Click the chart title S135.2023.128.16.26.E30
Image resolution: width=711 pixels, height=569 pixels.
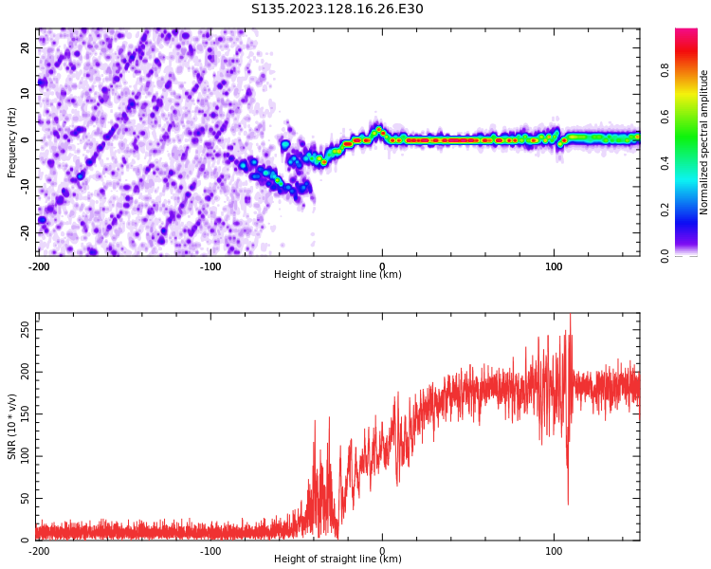(x=337, y=9)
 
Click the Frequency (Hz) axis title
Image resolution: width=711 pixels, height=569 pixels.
(x=11, y=142)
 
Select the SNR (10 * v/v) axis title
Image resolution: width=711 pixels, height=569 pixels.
(x=11, y=427)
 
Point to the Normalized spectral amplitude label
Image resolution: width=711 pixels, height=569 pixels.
(x=703, y=142)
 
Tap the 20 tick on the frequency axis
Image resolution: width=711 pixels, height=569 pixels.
(x=26, y=47)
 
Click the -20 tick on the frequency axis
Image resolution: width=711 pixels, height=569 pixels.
(x=26, y=233)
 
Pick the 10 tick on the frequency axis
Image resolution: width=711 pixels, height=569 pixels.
(x=26, y=94)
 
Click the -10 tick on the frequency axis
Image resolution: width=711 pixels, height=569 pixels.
(x=26, y=187)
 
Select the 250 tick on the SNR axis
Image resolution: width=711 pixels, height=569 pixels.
(x=26, y=330)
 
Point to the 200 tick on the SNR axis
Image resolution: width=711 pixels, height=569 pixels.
(x=26, y=372)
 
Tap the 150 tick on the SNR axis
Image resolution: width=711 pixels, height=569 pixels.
(x=26, y=414)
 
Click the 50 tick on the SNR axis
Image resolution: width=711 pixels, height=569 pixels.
(x=26, y=498)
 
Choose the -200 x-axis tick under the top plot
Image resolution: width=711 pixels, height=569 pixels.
(x=39, y=266)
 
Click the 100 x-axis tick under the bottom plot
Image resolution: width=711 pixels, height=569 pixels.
(x=554, y=551)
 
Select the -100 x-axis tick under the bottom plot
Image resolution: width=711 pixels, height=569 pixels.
(x=210, y=551)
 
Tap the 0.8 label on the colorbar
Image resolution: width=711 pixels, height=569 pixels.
(x=665, y=70)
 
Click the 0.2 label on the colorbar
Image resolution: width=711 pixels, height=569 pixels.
(x=665, y=211)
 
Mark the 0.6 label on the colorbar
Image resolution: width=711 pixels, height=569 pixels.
(x=665, y=117)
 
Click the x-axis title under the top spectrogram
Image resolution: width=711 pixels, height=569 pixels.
(x=337, y=274)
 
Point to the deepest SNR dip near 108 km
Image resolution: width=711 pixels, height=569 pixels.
(x=568, y=503)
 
